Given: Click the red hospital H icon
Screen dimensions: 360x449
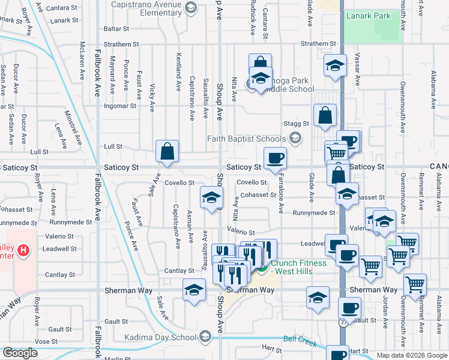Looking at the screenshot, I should tap(23, 250).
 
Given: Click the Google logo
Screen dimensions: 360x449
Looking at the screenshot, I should tap(20, 353).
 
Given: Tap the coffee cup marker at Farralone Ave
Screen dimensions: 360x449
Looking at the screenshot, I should tap(276, 158).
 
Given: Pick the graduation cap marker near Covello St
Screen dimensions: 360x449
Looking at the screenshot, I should tap(211, 198).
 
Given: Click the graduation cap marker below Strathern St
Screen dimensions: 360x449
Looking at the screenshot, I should tap(334, 66).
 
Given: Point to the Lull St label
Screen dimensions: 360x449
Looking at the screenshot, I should tap(113, 146).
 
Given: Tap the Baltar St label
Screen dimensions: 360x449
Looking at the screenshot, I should tap(112, 28).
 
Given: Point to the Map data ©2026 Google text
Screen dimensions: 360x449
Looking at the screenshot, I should tap(411, 355).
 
